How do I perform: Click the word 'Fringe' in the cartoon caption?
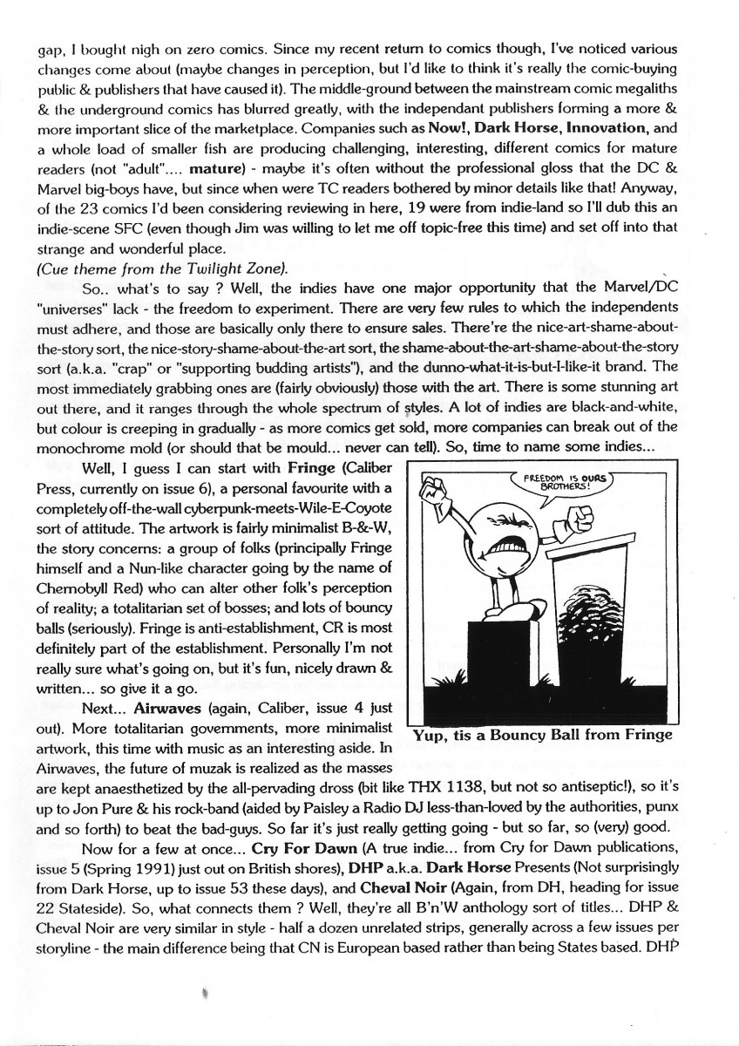click(642, 734)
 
